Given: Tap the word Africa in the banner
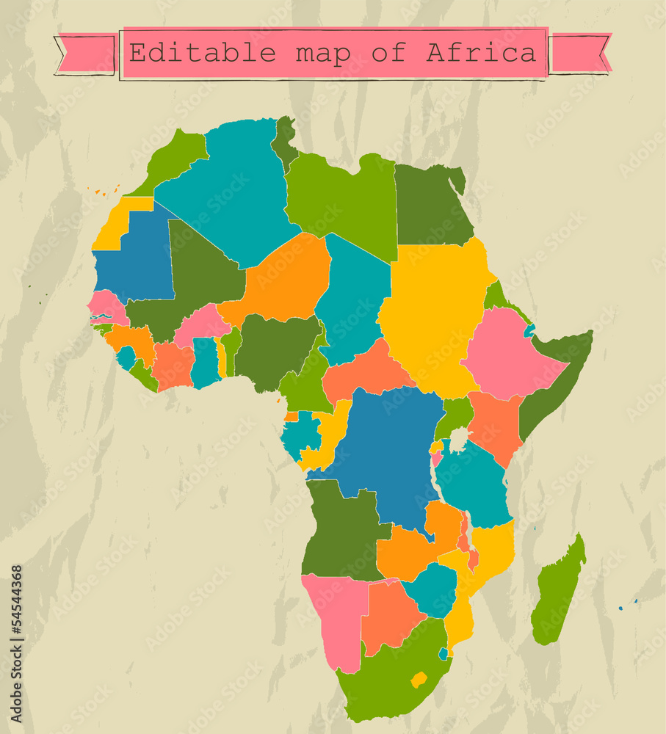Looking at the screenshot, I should click(x=482, y=53).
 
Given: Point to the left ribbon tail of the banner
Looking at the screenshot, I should click(x=87, y=54).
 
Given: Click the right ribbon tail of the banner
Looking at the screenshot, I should click(x=580, y=53).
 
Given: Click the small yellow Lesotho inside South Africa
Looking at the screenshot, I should click(x=419, y=679).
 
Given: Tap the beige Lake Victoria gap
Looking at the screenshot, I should click(x=459, y=440).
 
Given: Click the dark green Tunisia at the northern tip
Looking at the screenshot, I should click(x=284, y=139).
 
